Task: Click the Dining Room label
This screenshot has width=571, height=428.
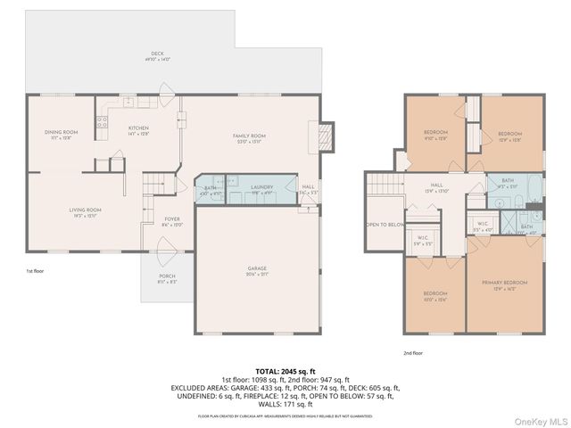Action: pos(62,134)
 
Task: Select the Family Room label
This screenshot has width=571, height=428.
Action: pos(252,137)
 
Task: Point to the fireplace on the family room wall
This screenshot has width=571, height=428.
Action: pos(327,136)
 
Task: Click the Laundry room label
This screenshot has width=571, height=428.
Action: pos(261,188)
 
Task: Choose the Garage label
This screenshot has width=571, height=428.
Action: pos(259,269)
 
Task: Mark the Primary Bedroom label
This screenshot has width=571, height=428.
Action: pos(505,284)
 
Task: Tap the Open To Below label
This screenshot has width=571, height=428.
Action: pos(385,225)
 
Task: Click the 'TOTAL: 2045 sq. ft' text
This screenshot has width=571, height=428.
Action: pos(285,370)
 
